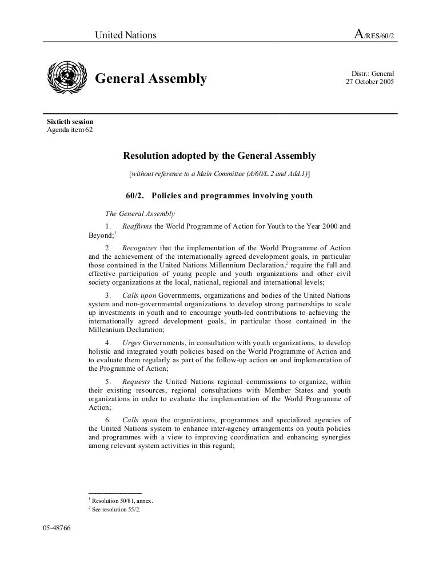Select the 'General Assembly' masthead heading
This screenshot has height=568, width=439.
coord(150,78)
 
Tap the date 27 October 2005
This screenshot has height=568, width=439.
coord(369,82)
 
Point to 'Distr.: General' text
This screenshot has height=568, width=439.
coord(372,73)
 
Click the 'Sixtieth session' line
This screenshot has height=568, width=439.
coord(70,122)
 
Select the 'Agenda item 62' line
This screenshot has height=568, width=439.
coord(69,130)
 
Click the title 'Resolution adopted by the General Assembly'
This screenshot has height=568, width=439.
coord(219,155)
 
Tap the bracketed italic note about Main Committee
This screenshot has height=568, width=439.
coord(219,173)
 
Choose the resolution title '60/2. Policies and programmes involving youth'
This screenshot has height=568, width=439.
coord(219,196)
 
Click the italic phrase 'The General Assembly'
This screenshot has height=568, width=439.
coord(141,214)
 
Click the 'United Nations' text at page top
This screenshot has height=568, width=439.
coord(125,35)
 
